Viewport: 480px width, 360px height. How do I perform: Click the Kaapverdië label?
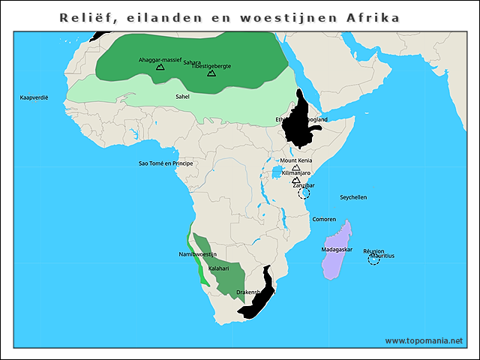34,97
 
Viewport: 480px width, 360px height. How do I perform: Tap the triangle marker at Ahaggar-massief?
160,67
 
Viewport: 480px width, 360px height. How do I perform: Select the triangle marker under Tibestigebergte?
211,73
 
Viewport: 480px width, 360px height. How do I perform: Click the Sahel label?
182,97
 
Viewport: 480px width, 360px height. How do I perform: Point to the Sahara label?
192,63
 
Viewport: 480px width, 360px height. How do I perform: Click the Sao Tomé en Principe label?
166,163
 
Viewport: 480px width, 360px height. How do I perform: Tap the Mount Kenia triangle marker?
295,168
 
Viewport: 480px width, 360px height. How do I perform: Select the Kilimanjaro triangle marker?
295,180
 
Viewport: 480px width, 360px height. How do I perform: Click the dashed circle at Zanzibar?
304,193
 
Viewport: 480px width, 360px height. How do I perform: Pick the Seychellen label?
353,197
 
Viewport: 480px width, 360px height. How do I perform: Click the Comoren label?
324,219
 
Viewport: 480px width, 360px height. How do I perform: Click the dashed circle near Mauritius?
373,259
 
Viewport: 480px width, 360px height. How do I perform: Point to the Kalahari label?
218,268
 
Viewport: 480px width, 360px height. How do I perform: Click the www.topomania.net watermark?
424,340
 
